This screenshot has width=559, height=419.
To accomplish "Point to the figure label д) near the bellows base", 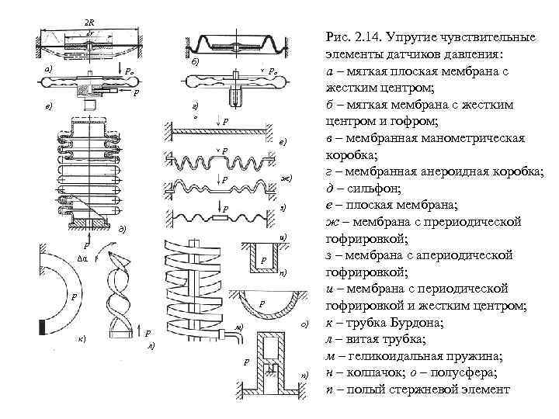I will tap(121, 230).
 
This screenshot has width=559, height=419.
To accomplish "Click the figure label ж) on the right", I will tap(286, 179).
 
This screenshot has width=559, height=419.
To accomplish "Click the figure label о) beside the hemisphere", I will tap(306, 322).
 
